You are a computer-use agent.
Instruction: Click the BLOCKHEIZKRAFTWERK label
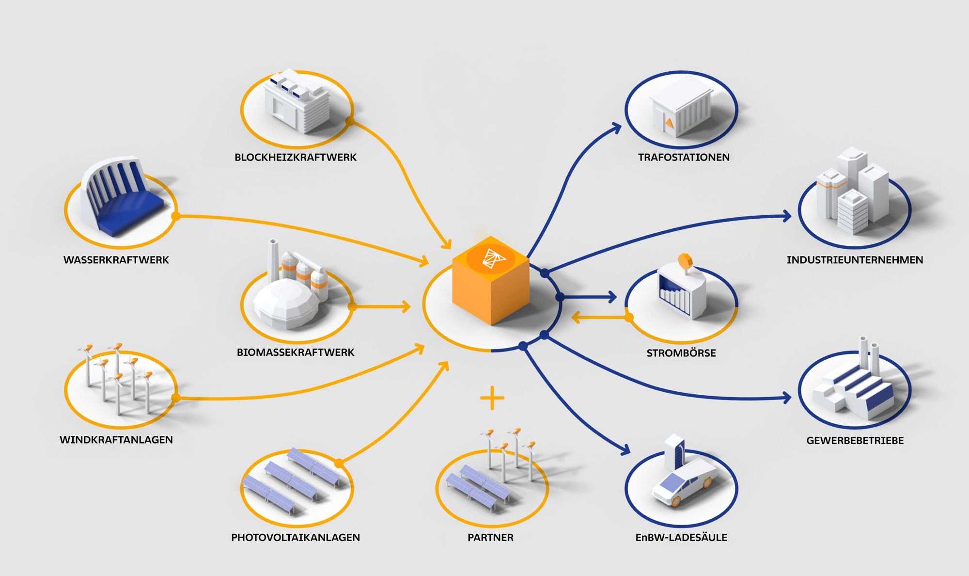[x=296, y=158]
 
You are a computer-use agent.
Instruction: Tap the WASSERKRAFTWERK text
[x=116, y=260]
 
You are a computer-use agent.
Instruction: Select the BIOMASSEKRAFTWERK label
[x=296, y=352]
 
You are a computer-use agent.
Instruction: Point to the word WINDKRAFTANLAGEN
[x=116, y=440]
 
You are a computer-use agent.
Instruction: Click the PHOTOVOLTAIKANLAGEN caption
[x=296, y=537]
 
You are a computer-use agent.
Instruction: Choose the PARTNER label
[x=490, y=537]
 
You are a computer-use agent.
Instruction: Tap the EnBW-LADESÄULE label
[x=681, y=537]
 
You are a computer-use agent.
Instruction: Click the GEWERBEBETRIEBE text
[x=855, y=441]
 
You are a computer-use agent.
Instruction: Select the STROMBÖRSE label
[x=681, y=353]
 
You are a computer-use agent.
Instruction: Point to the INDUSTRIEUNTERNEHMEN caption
[x=855, y=260]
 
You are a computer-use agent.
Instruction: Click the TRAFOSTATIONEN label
[x=684, y=158]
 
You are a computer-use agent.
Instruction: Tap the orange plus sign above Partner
[x=492, y=398]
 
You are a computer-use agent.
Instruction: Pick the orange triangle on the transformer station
[x=670, y=123]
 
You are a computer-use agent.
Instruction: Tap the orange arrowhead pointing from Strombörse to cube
[x=576, y=318]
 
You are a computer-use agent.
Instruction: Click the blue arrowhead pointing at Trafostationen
[x=617, y=128]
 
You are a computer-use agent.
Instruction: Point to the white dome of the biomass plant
[x=286, y=301]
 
